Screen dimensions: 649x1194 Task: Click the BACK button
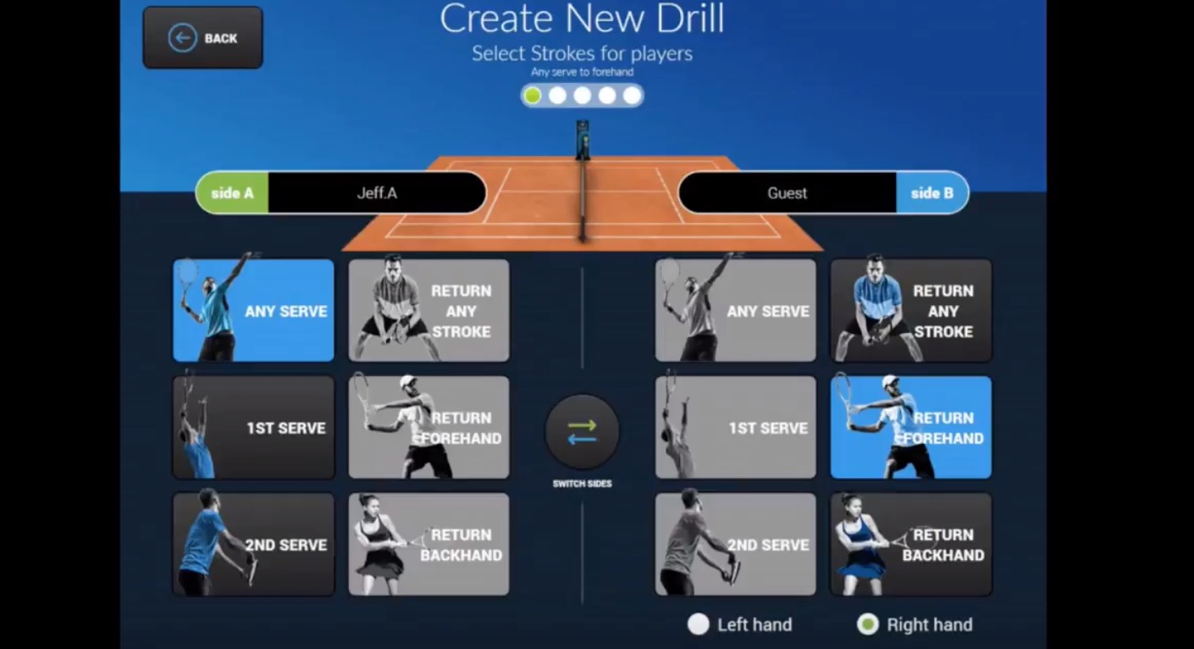tap(202, 38)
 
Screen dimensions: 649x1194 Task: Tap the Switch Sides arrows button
tap(582, 432)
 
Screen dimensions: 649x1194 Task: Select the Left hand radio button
tap(698, 624)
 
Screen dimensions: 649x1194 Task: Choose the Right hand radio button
tap(867, 624)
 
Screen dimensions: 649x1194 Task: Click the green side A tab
tap(232, 193)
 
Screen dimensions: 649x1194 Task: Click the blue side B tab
tap(931, 193)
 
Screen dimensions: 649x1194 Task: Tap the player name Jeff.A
tap(377, 193)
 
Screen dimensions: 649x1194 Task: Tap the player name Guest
tap(787, 193)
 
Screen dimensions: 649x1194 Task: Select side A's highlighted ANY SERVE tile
tap(253, 310)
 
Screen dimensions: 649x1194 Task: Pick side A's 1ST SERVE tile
tap(253, 427)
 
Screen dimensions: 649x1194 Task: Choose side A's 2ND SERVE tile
tap(253, 544)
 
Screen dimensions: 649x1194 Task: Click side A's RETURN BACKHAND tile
tap(428, 544)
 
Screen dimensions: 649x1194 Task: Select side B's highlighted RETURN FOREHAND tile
tap(910, 427)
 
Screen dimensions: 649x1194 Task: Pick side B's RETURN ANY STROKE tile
tap(910, 310)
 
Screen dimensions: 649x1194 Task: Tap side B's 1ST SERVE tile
tap(735, 427)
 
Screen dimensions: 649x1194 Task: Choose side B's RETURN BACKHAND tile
tap(910, 544)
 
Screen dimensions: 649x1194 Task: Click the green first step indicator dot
tap(533, 96)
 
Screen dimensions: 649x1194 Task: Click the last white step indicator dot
tap(632, 96)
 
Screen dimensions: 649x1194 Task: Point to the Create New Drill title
tap(582, 19)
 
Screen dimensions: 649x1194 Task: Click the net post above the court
tap(583, 140)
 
